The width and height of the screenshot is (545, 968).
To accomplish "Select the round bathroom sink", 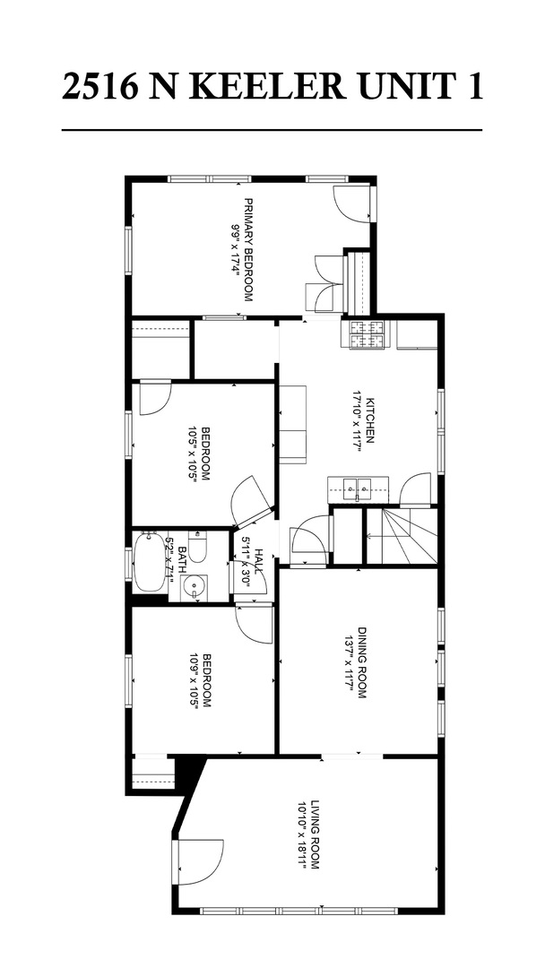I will pos(194,588).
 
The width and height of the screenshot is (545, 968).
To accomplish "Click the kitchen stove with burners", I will pos(366,334).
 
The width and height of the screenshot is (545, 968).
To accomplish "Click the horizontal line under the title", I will pos(272,130).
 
